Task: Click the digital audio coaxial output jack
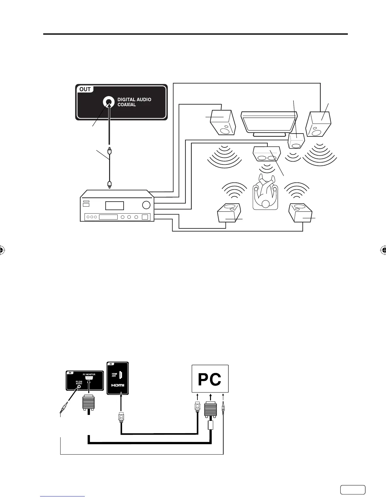click(x=108, y=102)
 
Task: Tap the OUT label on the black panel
click(x=85, y=89)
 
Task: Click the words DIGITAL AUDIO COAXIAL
click(x=134, y=102)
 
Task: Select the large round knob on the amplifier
click(x=146, y=205)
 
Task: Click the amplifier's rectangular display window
click(x=114, y=206)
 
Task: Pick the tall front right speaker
click(x=319, y=124)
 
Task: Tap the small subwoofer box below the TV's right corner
click(x=296, y=141)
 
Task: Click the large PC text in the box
click(x=210, y=380)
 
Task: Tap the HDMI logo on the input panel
click(x=117, y=386)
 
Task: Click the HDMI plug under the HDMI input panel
click(x=121, y=418)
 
